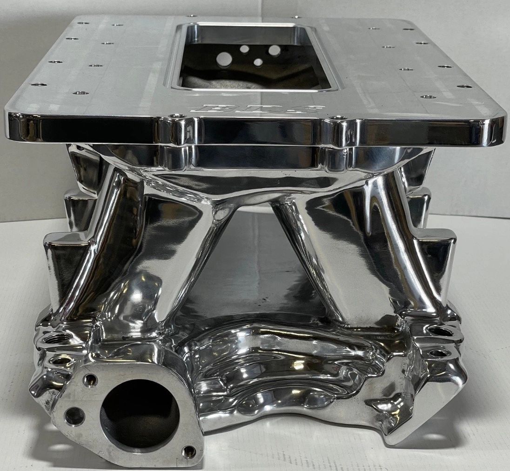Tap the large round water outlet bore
coord(139,413)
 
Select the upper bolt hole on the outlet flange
coord(90,380)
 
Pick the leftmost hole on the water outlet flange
coord(74,416)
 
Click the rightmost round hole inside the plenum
coord(275,50)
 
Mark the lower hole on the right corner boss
coord(438,353)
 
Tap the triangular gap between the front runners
coord(254,261)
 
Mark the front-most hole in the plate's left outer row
coord(38,85)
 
